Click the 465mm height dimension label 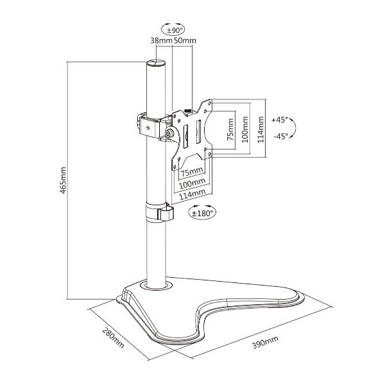pyautogui.click(x=63, y=180)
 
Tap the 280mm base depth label pyautogui.click(x=113, y=338)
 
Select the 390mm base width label pyautogui.click(x=266, y=342)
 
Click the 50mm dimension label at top pyautogui.click(x=185, y=40)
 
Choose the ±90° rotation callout pyautogui.click(x=173, y=30)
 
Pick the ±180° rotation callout pyautogui.click(x=202, y=212)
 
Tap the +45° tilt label pyautogui.click(x=279, y=120)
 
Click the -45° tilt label pyautogui.click(x=280, y=136)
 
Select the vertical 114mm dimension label pyautogui.click(x=261, y=130)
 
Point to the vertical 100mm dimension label pyautogui.click(x=245, y=130)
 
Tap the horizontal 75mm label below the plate pyautogui.click(x=192, y=172)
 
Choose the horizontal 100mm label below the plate pyautogui.click(x=192, y=184)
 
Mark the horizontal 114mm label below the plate pyautogui.click(x=192, y=194)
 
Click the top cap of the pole pyautogui.click(x=156, y=63)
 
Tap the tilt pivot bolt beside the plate pyautogui.click(x=169, y=133)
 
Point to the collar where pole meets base pyautogui.click(x=156, y=286)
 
